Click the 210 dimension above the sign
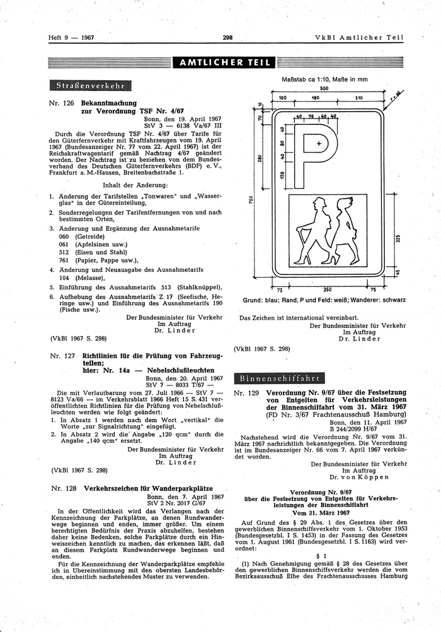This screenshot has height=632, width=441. (x=358, y=98)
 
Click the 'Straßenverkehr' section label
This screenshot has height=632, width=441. (x=91, y=85)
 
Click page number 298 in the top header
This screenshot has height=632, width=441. (x=227, y=37)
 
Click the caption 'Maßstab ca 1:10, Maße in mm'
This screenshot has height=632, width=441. (x=322, y=79)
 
